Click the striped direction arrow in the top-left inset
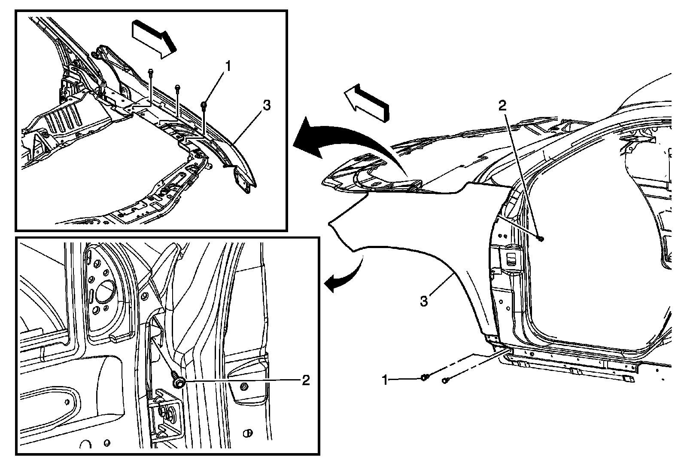(154, 40)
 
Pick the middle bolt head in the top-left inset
(177, 88)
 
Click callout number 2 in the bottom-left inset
(305, 380)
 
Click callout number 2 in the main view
(503, 106)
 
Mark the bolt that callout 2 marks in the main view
(540, 238)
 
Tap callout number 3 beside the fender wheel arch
(424, 300)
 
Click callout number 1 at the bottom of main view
(386, 380)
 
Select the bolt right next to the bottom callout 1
(424, 378)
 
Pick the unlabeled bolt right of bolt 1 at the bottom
(445, 380)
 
